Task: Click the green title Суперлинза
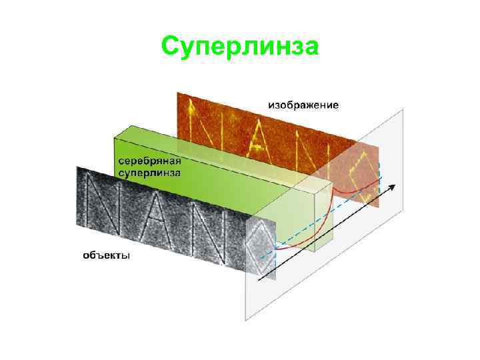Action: coord(240,47)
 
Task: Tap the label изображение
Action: coord(303,105)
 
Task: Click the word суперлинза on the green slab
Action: coord(149,172)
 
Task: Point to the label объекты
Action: coord(106,255)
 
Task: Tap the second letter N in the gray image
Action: coord(207,230)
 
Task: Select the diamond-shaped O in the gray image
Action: coord(261,243)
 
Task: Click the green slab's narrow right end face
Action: coord(323,213)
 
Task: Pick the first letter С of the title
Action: coord(171,47)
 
